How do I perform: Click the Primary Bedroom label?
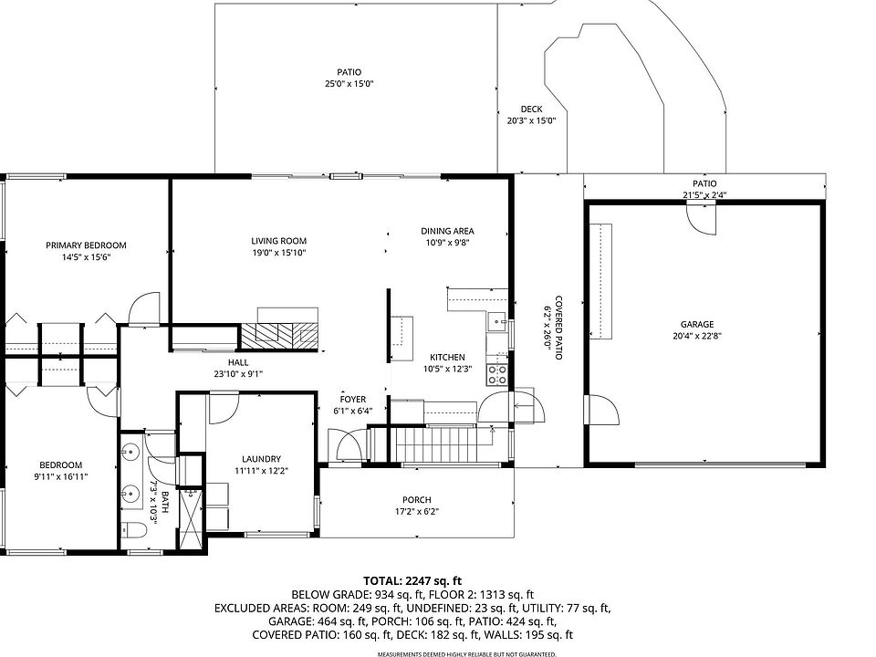[x=86, y=245]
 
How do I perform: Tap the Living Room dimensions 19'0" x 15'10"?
[x=279, y=253]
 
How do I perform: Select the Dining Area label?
[x=447, y=231]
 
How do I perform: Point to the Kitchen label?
[x=447, y=357]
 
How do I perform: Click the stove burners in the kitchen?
[x=497, y=375]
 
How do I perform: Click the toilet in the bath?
[x=133, y=529]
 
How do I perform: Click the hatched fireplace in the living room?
[x=279, y=337]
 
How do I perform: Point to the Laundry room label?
[x=262, y=459]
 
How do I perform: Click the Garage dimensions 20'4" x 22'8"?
[x=697, y=337]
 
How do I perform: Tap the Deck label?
[x=531, y=109]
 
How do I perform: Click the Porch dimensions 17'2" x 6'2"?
[x=417, y=512]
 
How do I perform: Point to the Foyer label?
[x=353, y=399]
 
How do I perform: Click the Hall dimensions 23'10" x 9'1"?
[x=238, y=374]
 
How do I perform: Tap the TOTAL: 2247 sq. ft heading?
[x=412, y=581]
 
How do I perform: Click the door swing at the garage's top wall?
[x=702, y=219]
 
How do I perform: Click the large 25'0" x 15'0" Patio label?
[x=349, y=78]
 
